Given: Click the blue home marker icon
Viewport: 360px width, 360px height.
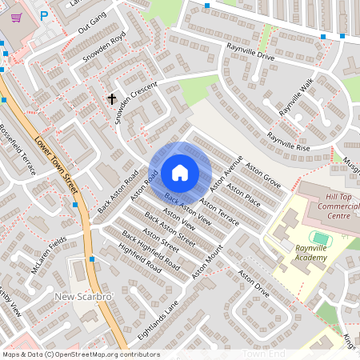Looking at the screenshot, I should (x=180, y=173).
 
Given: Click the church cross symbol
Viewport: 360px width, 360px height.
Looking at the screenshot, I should (x=112, y=98).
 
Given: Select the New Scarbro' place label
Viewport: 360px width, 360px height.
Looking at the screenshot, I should (x=84, y=297).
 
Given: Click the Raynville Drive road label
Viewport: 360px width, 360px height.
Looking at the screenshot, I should (x=250, y=53).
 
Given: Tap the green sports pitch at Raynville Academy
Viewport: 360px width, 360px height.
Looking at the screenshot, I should (x=321, y=238).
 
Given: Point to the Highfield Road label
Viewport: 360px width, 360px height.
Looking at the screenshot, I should (x=140, y=259).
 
